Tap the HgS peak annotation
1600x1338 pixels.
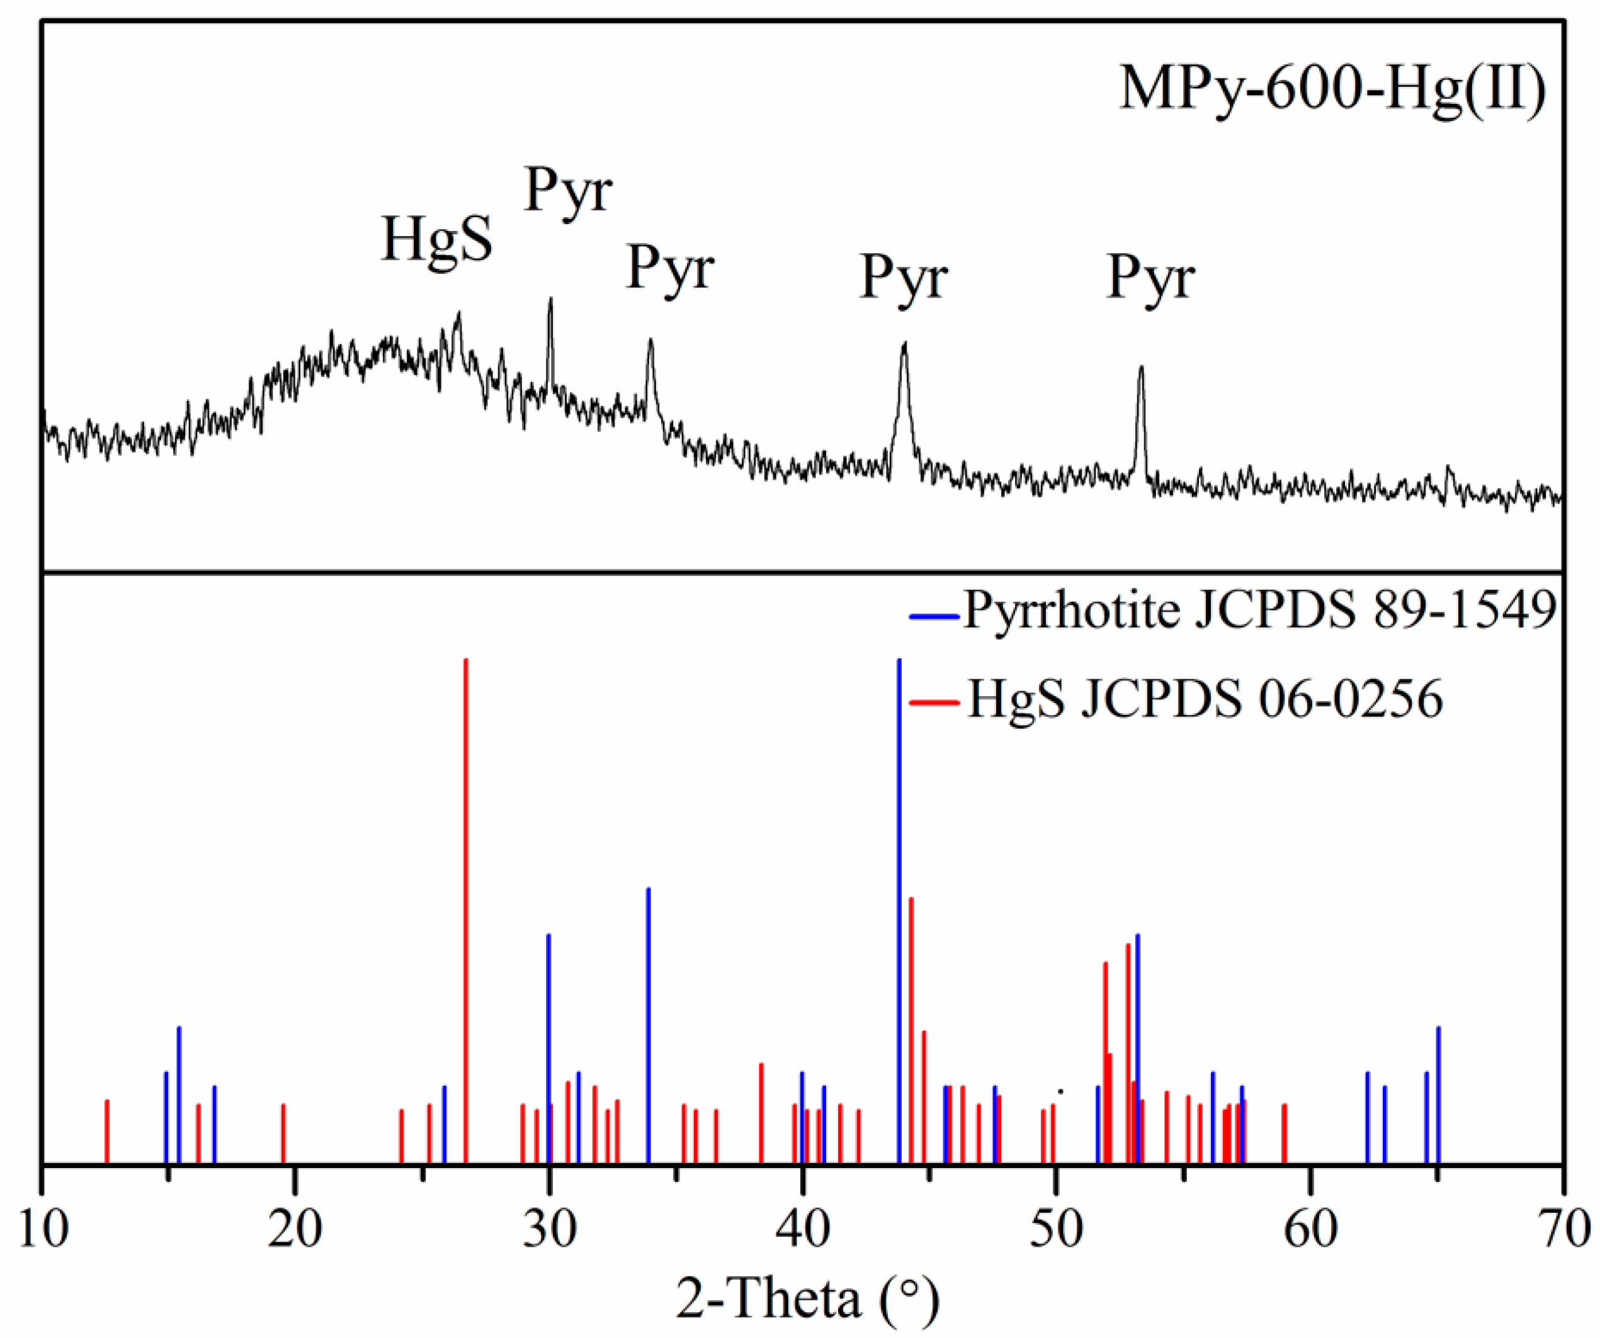pos(436,239)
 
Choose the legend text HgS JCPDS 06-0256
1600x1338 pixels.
pos(1205,699)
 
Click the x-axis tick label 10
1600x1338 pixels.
pos(42,1229)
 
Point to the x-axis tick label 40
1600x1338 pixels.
pos(802,1229)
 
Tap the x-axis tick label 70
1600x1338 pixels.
pos(1562,1229)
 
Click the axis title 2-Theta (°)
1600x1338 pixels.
pos(808,1299)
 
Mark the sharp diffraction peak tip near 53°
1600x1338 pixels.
pos(1140,368)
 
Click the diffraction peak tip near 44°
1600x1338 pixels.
pos(904,344)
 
